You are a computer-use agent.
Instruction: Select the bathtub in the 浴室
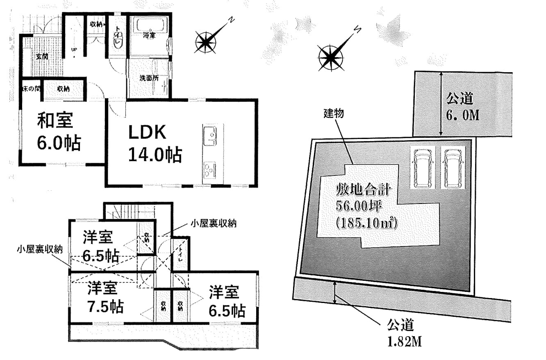[150, 29]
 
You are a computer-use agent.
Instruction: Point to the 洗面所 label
[148, 78]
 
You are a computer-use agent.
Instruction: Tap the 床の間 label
[31, 88]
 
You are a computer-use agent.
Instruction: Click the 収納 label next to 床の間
[63, 88]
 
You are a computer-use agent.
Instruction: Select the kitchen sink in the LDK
[209, 135]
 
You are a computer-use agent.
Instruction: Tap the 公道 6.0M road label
[462, 107]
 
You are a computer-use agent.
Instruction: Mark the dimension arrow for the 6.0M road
[441, 103]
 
